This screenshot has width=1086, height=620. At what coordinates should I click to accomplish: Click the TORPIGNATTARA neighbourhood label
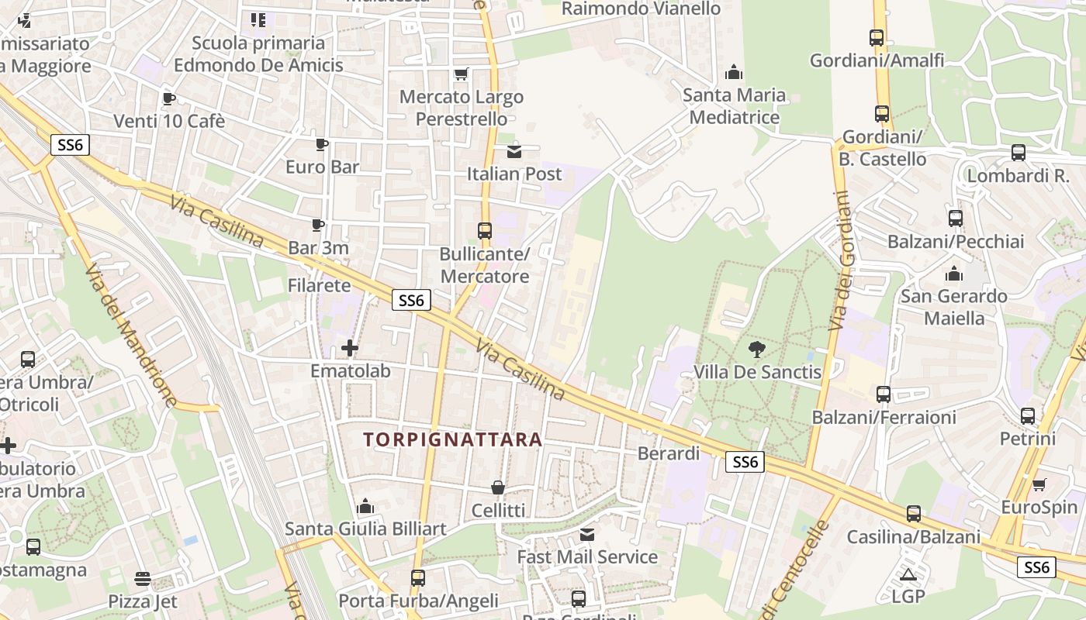pyautogui.click(x=453, y=440)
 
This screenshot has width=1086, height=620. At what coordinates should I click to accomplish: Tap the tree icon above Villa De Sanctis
pyautogui.click(x=757, y=349)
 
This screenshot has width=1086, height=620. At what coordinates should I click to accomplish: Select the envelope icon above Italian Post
pyautogui.click(x=514, y=151)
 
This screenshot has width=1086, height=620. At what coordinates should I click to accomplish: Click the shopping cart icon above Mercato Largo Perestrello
pyautogui.click(x=462, y=74)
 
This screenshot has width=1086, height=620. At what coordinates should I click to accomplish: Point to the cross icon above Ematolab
pyautogui.click(x=350, y=348)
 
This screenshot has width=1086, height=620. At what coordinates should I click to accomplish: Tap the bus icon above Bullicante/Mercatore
pyautogui.click(x=485, y=231)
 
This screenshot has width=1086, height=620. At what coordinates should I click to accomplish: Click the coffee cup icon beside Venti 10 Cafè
pyautogui.click(x=168, y=98)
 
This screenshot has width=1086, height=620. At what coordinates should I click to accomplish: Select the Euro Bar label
pyautogui.click(x=322, y=167)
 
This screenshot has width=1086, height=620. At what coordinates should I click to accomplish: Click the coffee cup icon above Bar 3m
pyautogui.click(x=318, y=225)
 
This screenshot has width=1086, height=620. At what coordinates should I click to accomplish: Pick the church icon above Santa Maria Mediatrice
pyautogui.click(x=734, y=73)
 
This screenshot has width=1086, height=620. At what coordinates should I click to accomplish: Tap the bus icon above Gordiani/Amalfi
pyautogui.click(x=877, y=37)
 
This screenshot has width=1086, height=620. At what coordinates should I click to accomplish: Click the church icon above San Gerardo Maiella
pyautogui.click(x=953, y=274)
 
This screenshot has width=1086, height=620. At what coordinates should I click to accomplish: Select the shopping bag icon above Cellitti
pyautogui.click(x=498, y=487)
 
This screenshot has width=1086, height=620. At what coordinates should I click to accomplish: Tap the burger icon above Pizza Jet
pyautogui.click(x=142, y=578)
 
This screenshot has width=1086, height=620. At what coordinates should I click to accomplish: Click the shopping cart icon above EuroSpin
pyautogui.click(x=1039, y=485)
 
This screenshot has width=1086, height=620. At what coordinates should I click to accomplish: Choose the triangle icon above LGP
pyautogui.click(x=908, y=574)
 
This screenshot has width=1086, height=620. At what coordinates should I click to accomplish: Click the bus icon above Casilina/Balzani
pyautogui.click(x=914, y=514)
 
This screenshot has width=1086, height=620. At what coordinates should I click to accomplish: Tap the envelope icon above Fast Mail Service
pyautogui.click(x=587, y=534)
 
